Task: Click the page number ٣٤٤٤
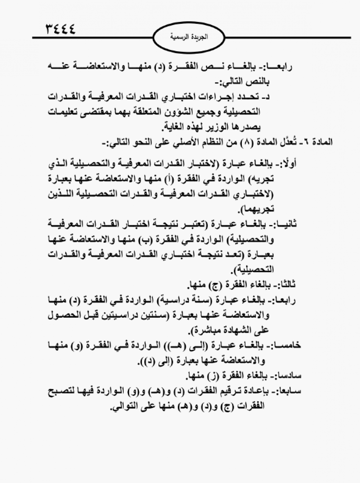[x=59, y=30]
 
